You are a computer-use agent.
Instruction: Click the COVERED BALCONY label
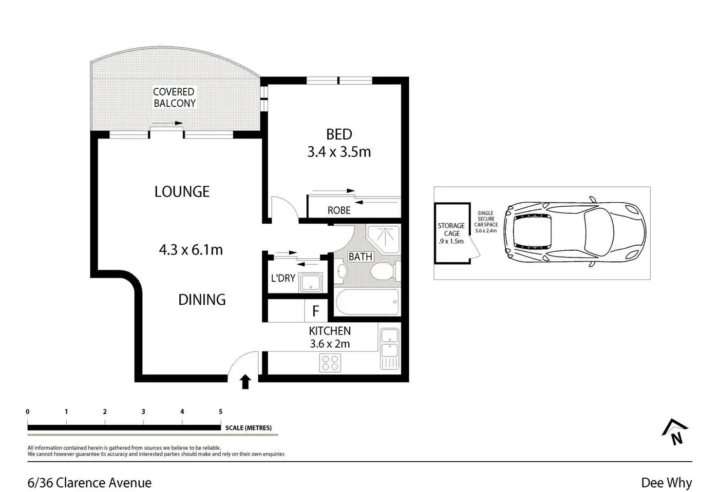pyautogui.click(x=174, y=98)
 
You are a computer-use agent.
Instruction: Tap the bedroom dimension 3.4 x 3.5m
pyautogui.click(x=339, y=152)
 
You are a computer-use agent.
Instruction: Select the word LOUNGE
pyautogui.click(x=182, y=192)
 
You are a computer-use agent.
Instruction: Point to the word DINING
pyautogui.click(x=202, y=300)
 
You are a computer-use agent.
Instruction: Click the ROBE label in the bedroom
pyautogui.click(x=339, y=210)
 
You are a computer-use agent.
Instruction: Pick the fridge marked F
pyautogui.click(x=316, y=311)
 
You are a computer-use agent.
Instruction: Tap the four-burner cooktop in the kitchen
pyautogui.click(x=330, y=363)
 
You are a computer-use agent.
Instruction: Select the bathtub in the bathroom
pyautogui.click(x=367, y=302)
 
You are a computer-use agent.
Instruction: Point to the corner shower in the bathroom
pyautogui.click(x=383, y=239)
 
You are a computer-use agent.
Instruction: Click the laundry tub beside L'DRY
pyautogui.click(x=310, y=283)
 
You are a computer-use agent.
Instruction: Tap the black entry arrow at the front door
pyautogui.click(x=245, y=381)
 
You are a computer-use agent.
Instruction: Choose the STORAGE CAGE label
pyautogui.click(x=452, y=230)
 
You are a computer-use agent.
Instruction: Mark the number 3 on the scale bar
pyautogui.click(x=143, y=412)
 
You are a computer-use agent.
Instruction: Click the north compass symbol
pyautogui.click(x=675, y=432)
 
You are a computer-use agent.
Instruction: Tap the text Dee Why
pyautogui.click(x=666, y=482)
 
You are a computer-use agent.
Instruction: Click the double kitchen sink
pyautogui.click(x=390, y=349)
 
